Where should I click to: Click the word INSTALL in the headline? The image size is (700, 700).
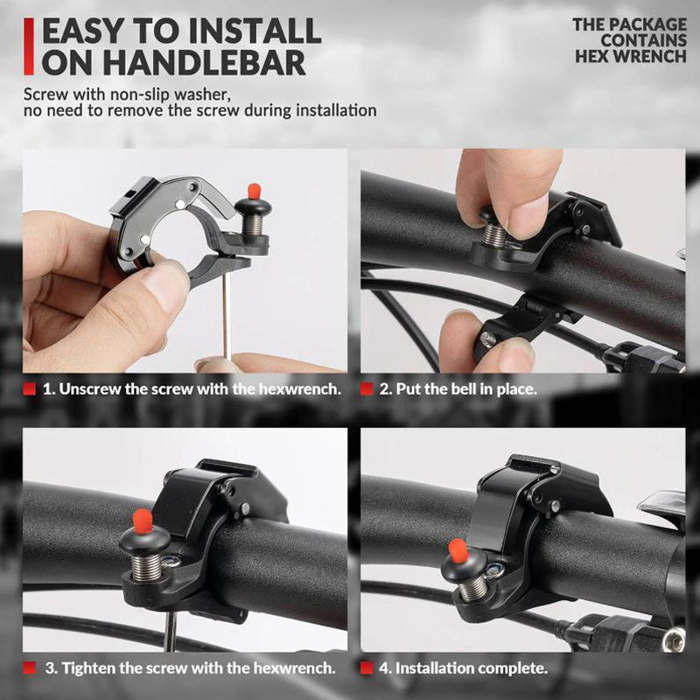pyautogui.click(x=255, y=31)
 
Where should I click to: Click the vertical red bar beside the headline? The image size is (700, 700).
pyautogui.click(x=29, y=46)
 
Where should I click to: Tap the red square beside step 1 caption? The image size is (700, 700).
pyautogui.click(x=29, y=388)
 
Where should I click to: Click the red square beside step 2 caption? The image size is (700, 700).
pyautogui.click(x=367, y=388)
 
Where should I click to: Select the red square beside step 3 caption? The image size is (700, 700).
pyautogui.click(x=29, y=668)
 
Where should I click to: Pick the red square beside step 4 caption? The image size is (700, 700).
pyautogui.click(x=367, y=668)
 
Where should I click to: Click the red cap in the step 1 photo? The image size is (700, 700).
pyautogui.click(x=254, y=192)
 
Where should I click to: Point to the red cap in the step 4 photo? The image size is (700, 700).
pyautogui.click(x=458, y=550)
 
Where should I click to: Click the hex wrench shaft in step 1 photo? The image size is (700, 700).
pyautogui.click(x=227, y=316)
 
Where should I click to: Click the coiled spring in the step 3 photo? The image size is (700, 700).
pyautogui.click(x=146, y=567)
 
